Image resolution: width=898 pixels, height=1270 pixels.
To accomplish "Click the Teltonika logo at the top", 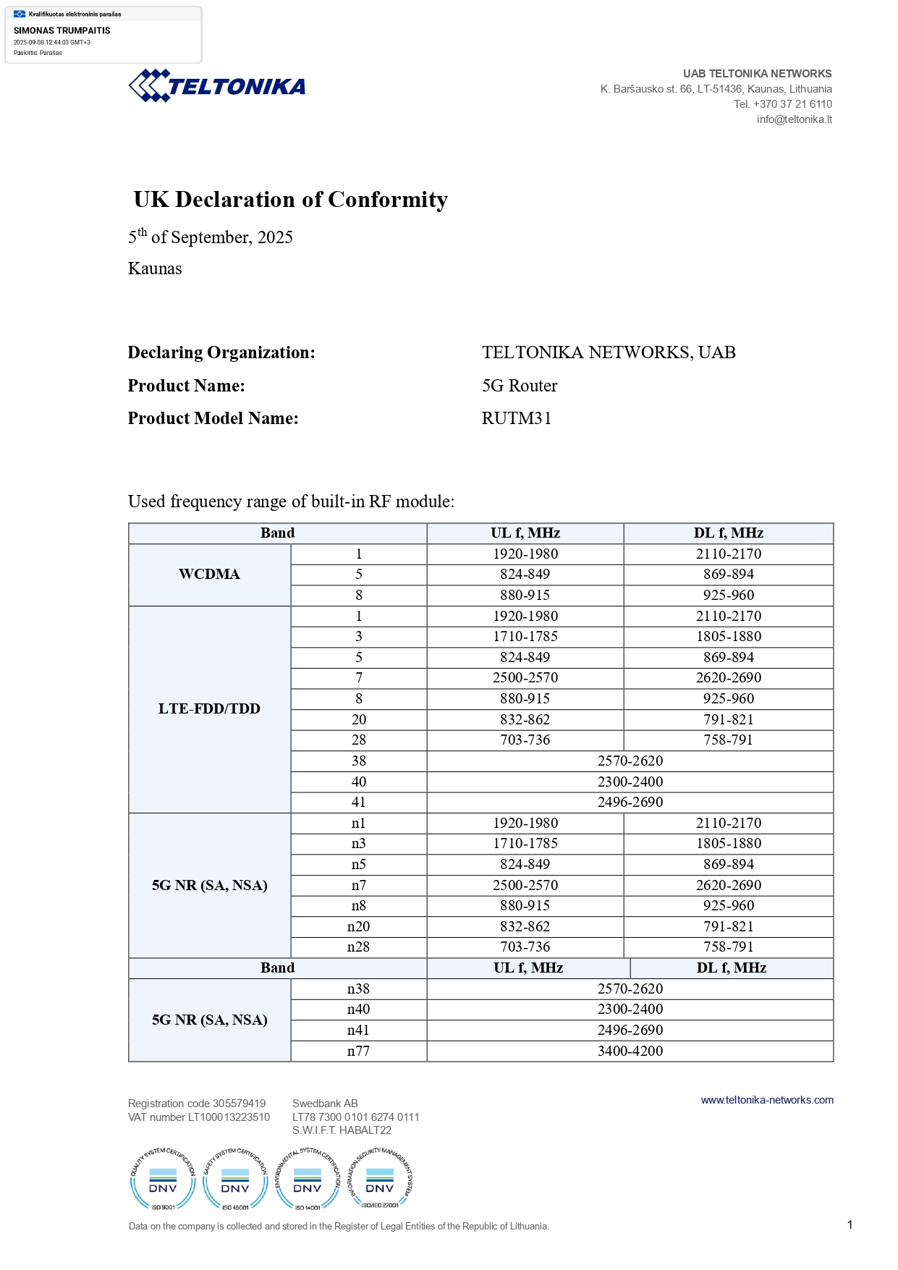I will click(x=217, y=86).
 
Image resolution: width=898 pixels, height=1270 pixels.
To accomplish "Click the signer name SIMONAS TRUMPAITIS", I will click(x=62, y=30).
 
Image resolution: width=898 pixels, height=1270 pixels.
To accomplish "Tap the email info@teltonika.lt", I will click(x=794, y=119).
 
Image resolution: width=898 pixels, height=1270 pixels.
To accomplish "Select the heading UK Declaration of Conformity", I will click(x=291, y=199).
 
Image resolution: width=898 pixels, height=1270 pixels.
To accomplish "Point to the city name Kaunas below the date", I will click(x=155, y=268).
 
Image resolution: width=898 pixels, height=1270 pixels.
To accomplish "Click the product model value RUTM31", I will click(x=517, y=418).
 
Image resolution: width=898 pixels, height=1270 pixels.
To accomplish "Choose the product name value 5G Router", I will click(x=520, y=386).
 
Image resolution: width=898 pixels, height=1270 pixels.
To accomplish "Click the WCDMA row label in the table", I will click(x=209, y=574).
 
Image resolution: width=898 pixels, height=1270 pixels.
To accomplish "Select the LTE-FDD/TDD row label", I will click(x=209, y=708).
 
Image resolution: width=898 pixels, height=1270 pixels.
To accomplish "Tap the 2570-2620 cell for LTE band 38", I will click(x=630, y=761).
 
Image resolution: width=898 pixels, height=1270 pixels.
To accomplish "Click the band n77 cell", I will click(x=358, y=1051).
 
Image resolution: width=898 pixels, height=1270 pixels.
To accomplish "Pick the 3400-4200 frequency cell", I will click(x=630, y=1051).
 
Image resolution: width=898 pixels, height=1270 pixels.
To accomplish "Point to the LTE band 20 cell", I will click(x=358, y=719).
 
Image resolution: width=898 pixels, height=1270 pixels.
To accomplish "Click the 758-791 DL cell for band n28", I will click(x=728, y=947).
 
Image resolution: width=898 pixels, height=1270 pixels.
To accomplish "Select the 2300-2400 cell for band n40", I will click(x=630, y=1009).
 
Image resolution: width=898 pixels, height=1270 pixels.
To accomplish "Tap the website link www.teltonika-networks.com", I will click(x=767, y=1100).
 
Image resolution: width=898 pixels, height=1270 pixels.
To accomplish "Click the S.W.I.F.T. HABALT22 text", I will click(x=342, y=1130).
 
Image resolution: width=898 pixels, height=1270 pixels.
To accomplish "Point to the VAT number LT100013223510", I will click(x=199, y=1117).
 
